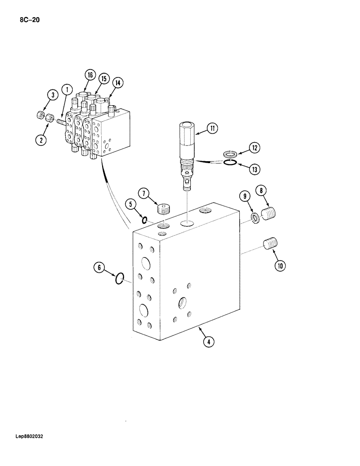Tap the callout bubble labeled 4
208,342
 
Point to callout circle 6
99,268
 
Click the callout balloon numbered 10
280,266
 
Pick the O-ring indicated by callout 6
120,279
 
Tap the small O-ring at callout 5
145,220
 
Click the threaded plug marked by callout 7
163,208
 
